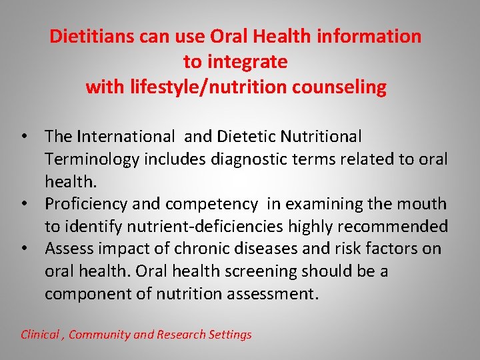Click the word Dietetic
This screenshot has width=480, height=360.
(243, 137)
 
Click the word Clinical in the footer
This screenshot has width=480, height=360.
(40, 335)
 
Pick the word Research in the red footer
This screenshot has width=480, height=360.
(180, 335)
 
